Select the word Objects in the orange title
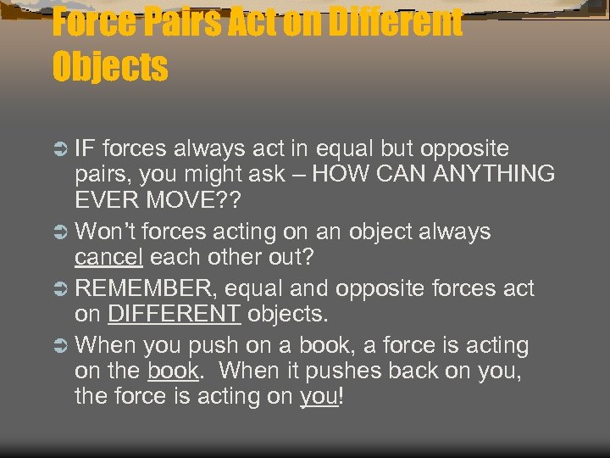pyautogui.click(x=110, y=67)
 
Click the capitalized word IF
pyautogui.click(x=85, y=149)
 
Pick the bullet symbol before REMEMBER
pyautogui.click(x=60, y=289)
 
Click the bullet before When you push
pyautogui.click(x=60, y=345)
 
